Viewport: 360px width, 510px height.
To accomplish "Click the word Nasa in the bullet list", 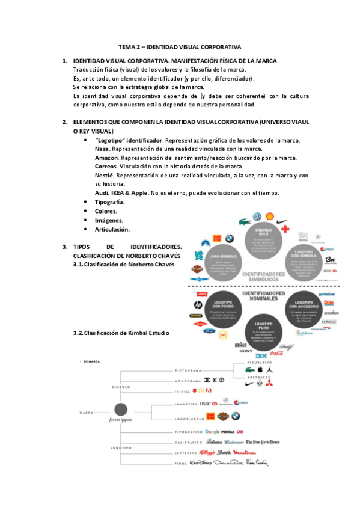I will click(103, 149).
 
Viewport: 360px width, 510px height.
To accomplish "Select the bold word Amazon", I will click(106, 158).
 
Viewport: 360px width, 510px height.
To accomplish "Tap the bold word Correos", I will click(106, 166).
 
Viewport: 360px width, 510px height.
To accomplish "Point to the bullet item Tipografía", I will click(110, 202).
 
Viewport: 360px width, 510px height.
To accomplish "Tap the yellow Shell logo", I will click(270, 217).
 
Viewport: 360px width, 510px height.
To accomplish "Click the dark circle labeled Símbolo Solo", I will click(263, 239).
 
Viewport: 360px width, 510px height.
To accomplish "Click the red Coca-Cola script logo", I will click(276, 354).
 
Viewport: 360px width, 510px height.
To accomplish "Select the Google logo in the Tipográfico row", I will click(212, 432).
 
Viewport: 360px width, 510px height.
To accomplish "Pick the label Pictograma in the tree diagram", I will click(188, 371).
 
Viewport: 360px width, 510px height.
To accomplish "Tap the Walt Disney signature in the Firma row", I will click(201, 464).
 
